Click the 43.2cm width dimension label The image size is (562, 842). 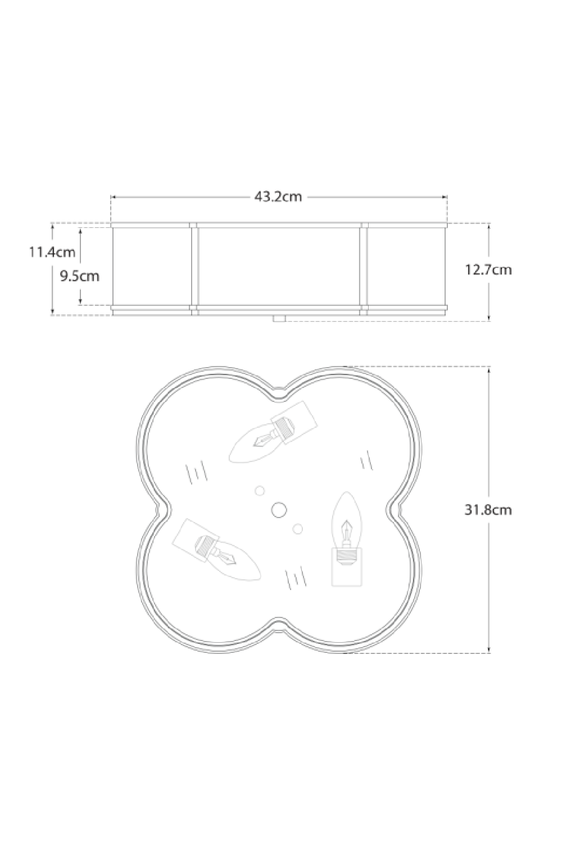click(x=278, y=197)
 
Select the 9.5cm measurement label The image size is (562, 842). click(x=79, y=276)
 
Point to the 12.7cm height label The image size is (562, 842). click(x=488, y=269)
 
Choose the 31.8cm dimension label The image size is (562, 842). click(x=488, y=510)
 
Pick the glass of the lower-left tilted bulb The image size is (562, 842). click(x=236, y=561)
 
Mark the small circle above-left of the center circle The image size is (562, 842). click(x=260, y=491)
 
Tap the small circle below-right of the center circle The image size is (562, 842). click(x=298, y=529)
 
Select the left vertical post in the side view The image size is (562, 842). click(x=194, y=268)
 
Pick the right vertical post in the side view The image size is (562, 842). click(x=364, y=268)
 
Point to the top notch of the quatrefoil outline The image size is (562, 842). click(x=279, y=397)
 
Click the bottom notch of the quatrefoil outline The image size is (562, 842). click(x=279, y=623)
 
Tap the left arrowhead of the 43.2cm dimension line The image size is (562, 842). click(x=113, y=198)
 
